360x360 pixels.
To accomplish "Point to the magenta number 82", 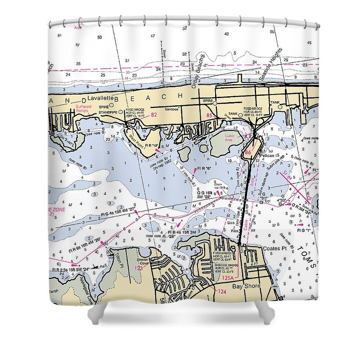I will [154, 115].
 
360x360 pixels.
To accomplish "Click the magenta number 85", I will [209, 116].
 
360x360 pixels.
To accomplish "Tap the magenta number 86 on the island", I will [248, 153].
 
